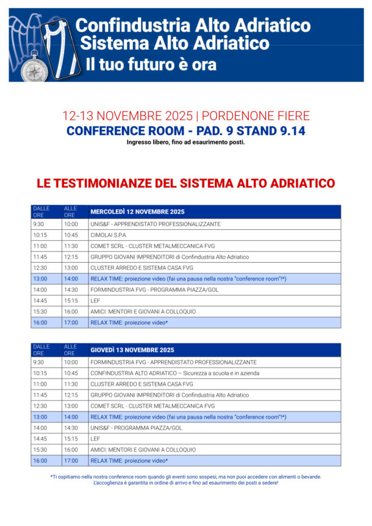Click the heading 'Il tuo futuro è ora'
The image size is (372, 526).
click(151, 63)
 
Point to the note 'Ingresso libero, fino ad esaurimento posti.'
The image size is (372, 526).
click(185, 142)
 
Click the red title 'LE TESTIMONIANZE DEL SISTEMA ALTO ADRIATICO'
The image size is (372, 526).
click(185, 183)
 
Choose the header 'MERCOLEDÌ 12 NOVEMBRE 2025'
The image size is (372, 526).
click(137, 212)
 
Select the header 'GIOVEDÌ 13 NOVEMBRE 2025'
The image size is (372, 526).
click(132, 350)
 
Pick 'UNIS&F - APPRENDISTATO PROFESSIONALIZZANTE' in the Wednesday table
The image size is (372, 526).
click(156, 224)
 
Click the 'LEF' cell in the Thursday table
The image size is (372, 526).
click(95, 438)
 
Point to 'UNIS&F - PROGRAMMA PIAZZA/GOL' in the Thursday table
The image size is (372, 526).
click(136, 427)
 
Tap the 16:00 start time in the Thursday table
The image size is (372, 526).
click(40, 460)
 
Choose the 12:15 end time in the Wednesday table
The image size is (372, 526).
click(71, 257)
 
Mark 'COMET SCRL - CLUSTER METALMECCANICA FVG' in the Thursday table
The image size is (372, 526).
click(152, 405)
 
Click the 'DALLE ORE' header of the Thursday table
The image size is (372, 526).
click(41, 350)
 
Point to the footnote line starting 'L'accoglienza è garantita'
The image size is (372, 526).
click(185, 483)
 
